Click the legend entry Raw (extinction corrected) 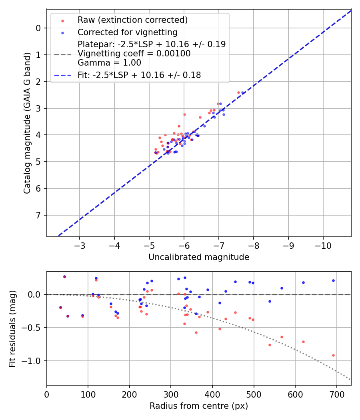[132, 20]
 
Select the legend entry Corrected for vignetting [127, 32]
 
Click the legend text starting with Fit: [139, 75]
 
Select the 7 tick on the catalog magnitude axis [39, 215]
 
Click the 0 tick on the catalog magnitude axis [39, 28]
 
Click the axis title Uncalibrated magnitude [199, 257]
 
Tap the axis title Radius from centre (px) [199, 406]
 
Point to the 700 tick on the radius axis [337, 394]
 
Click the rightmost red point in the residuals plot [333, 355]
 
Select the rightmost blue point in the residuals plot [333, 280]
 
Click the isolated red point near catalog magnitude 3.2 [184, 114]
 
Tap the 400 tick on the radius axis [212, 394]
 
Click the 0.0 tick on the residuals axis [35, 294]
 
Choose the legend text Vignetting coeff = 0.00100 [134, 54]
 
